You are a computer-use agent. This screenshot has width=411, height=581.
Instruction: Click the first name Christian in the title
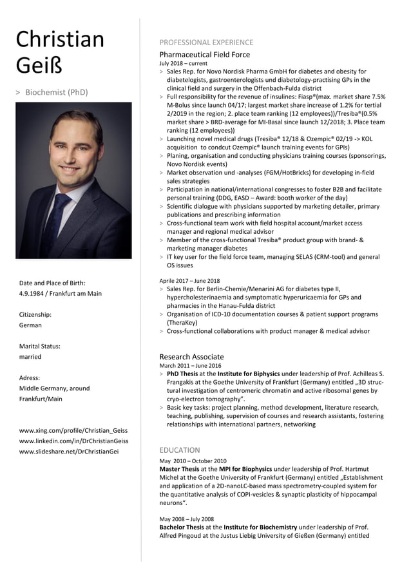coord(60,40)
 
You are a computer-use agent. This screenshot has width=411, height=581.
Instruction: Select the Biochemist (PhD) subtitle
coord(56,93)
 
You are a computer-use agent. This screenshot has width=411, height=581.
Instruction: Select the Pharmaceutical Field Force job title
coord(205,55)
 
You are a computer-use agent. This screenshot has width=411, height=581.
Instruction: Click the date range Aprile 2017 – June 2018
coord(189,281)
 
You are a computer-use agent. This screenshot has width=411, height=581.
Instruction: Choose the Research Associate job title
coord(192,357)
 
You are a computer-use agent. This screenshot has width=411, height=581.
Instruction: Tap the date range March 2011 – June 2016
coord(189,366)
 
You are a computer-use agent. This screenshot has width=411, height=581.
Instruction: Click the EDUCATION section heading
coord(180,450)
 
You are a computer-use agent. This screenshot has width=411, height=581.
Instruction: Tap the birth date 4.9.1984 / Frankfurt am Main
coord(61,294)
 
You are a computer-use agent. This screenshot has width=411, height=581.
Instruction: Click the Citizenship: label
coord(35,315)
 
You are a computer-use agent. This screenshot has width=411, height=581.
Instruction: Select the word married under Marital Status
coord(30,357)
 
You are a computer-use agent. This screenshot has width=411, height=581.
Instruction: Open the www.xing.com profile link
coord(73,430)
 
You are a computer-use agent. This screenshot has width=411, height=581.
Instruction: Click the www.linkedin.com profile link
coord(73,441)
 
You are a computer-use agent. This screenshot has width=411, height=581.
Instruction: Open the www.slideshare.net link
coord(69,452)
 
